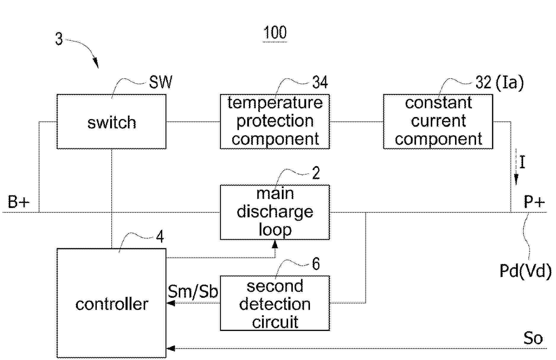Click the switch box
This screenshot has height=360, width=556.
pyautogui.click(x=111, y=121)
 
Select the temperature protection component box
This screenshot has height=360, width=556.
pyautogui.click(x=275, y=121)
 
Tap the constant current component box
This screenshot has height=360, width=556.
pyautogui.click(x=438, y=121)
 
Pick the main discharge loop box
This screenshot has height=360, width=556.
pyautogui.click(x=275, y=212)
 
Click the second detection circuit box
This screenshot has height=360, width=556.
pyautogui.click(x=275, y=303)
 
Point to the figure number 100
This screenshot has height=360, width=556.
pyautogui.click(x=275, y=33)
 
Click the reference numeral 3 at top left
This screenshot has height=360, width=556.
pyautogui.click(x=59, y=39)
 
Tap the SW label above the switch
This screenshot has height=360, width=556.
pyautogui.click(x=160, y=82)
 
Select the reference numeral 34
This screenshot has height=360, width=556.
pyautogui.click(x=320, y=82)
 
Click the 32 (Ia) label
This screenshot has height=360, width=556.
pyautogui.click(x=499, y=82)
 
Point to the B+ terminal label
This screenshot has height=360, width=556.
pyautogui.click(x=19, y=202)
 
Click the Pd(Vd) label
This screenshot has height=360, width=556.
pyautogui.click(x=526, y=271)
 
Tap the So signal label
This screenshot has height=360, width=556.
pyautogui.click(x=533, y=338)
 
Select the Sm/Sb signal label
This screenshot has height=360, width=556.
pyautogui.click(x=193, y=292)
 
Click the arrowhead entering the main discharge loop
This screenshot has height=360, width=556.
pyautogui.click(x=275, y=244)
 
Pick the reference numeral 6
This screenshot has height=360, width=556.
pyautogui.click(x=316, y=263)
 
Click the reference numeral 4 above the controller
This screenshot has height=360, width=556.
pyautogui.click(x=160, y=237)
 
